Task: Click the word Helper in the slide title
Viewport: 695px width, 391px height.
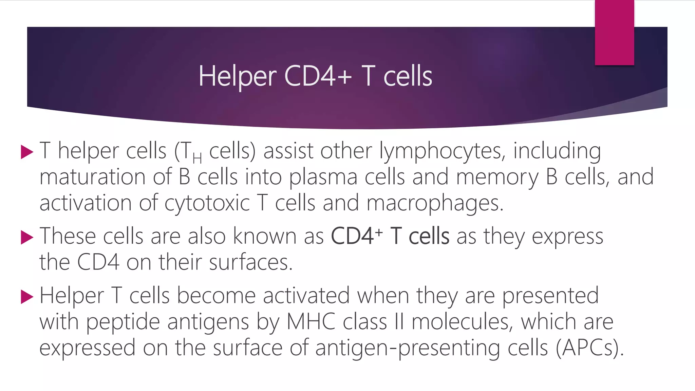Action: click(x=238, y=76)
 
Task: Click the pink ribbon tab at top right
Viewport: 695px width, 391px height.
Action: click(x=614, y=32)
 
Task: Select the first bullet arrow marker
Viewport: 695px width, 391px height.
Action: click(x=27, y=152)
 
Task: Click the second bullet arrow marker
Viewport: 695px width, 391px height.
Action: click(x=27, y=237)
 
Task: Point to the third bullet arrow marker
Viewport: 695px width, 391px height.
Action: click(x=27, y=297)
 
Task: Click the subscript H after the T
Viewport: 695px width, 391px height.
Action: click(x=197, y=158)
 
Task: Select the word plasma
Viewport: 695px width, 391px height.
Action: click(x=323, y=178)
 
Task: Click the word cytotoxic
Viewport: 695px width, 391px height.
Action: click(x=207, y=203)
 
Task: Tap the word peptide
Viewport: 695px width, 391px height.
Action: click(x=123, y=322)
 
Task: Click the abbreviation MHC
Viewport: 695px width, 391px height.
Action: click(x=311, y=321)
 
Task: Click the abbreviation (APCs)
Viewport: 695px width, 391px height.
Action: click(x=589, y=348)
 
